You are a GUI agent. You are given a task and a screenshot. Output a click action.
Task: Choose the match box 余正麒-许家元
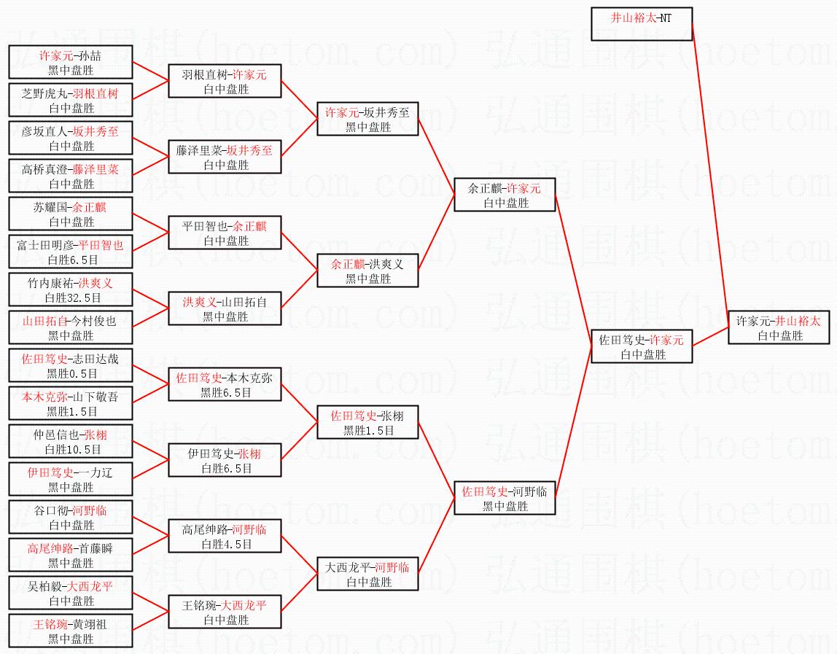tap(505, 195)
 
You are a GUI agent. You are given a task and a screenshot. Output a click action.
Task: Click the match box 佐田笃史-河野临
tap(505, 498)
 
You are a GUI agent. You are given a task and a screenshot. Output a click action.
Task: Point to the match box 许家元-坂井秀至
tap(367, 119)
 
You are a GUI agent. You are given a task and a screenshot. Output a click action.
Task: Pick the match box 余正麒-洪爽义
tap(367, 270)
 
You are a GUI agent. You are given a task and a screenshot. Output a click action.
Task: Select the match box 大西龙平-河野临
tap(367, 574)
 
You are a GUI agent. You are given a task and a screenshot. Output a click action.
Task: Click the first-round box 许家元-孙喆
tap(71, 62)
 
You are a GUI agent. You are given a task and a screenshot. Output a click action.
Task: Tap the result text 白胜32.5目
tap(71, 298)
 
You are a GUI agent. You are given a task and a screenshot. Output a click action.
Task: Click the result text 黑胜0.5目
tap(71, 374)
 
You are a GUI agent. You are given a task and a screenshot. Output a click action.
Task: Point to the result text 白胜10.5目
tap(71, 450)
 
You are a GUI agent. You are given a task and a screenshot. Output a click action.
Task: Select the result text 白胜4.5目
tap(225, 545)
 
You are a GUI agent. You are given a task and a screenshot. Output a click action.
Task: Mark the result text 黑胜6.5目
tap(225, 393)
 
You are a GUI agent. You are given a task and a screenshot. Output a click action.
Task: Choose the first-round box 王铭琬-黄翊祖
tap(71, 631)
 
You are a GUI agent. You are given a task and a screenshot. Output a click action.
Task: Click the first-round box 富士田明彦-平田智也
tap(71, 252)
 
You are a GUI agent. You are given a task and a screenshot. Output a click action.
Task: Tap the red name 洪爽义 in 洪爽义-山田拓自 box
tap(200, 302)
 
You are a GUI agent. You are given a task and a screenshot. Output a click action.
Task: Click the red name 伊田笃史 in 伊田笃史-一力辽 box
tap(50, 472)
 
